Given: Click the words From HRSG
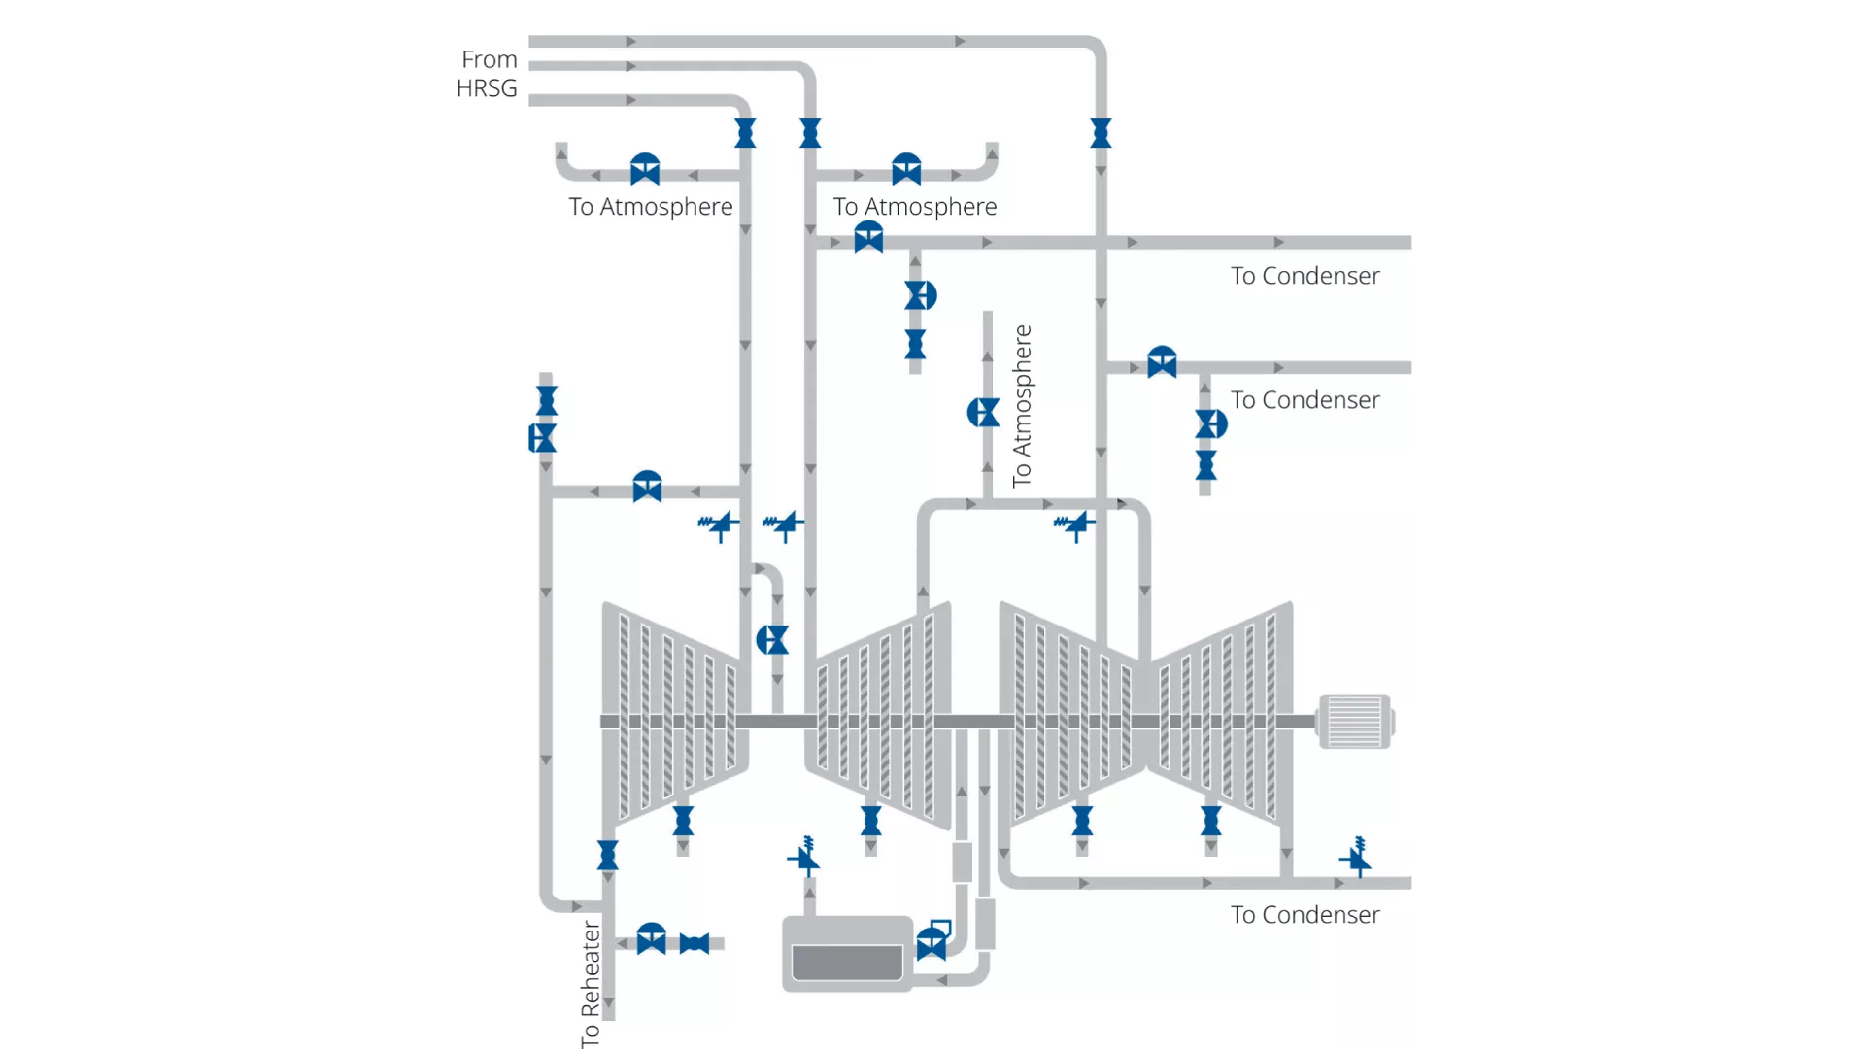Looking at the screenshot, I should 488,74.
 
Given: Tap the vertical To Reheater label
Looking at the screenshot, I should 591,983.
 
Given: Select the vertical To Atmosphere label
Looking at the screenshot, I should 1022,406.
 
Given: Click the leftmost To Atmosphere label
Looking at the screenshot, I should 651,207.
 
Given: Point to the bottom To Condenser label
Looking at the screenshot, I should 1305,915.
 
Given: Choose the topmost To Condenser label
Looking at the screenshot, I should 1305,276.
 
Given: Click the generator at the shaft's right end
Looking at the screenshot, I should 1355,722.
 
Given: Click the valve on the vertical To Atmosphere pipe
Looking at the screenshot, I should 983,413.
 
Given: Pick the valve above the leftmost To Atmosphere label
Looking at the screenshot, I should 645,170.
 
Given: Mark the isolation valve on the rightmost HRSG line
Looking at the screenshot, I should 1101,133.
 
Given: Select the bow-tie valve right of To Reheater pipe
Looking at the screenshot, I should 695,943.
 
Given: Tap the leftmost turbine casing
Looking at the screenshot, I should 673,714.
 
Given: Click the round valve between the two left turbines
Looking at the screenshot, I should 772,640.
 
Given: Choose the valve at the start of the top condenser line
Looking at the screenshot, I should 868,237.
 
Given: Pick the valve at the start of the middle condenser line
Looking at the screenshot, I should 1162,362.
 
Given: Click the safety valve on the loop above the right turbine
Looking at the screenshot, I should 1074,525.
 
